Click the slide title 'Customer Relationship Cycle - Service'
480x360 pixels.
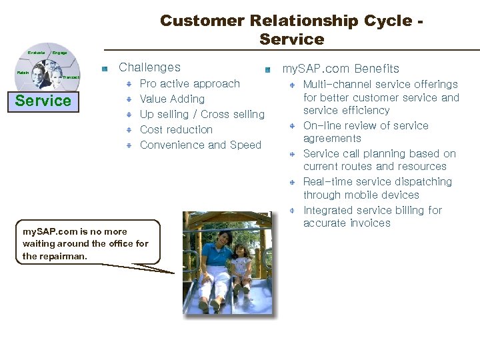(292, 30)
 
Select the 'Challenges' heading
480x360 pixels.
(149, 67)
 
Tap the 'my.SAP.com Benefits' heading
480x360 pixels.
(341, 69)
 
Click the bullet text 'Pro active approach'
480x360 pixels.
(189, 84)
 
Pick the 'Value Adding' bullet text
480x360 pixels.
(172, 99)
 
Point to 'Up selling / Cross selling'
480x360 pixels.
(202, 115)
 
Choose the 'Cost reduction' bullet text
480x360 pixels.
(176, 130)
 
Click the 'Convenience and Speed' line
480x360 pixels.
(200, 145)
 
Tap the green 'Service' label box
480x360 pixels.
(43, 101)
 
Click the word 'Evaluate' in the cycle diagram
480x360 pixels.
(36, 53)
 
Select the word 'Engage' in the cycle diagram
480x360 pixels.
(59, 53)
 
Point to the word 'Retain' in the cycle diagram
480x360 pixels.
(23, 73)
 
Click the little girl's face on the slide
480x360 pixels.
(239, 251)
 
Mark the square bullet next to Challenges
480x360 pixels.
(105, 69)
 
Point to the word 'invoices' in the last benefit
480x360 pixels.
(370, 223)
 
